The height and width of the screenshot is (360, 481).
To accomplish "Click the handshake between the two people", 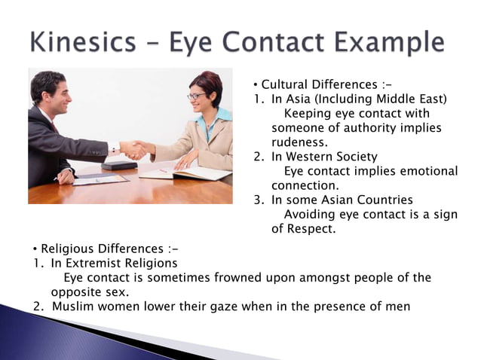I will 134,149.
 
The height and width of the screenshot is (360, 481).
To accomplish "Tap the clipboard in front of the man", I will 100,179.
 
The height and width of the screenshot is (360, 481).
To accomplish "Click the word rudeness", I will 299,142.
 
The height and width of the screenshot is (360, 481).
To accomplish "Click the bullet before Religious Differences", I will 35,249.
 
